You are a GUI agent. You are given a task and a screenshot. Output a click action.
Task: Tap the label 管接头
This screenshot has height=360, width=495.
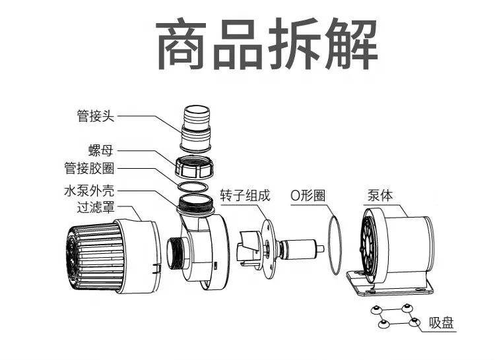click(95, 117)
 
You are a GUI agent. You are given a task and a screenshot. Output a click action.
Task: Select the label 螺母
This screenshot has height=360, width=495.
click(102, 151)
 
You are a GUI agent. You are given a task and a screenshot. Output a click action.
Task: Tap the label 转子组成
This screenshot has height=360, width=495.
click(245, 196)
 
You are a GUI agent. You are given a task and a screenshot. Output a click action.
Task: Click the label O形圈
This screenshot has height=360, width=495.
click(308, 196)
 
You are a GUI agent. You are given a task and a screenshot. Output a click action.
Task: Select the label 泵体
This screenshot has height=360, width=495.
click(379, 196)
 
